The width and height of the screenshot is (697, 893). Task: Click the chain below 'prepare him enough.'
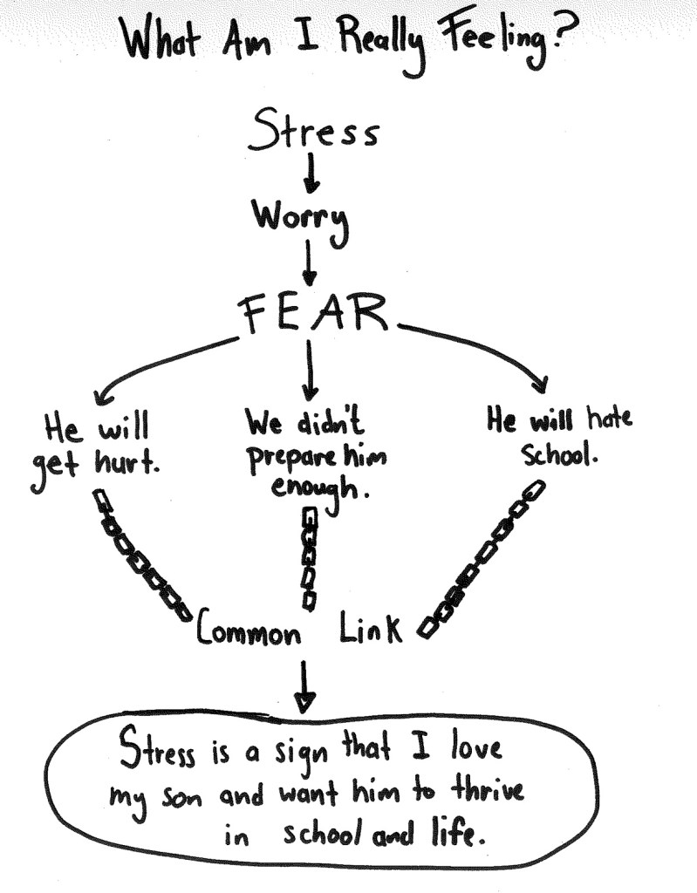[308, 558]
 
